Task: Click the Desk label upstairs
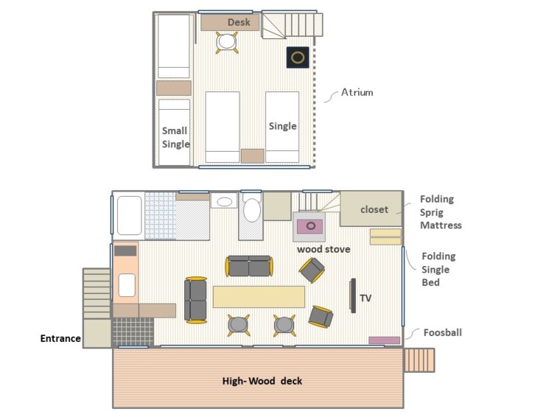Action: coord(239,22)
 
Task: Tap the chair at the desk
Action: coord(226,42)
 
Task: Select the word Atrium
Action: coord(357,92)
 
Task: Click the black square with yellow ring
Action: coord(298,57)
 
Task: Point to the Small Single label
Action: coord(175,138)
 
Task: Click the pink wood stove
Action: coord(309,226)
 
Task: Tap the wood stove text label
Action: coord(323,249)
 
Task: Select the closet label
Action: coord(374,209)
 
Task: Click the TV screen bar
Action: coord(353,295)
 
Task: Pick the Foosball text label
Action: coord(443,332)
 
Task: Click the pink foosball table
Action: coord(384,340)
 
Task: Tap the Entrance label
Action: coord(60,338)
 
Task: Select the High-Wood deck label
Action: coord(262,381)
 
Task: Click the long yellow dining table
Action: coord(259,297)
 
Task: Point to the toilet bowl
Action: coord(252,210)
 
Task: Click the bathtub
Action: coord(129,215)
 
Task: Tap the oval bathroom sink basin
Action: coord(224,202)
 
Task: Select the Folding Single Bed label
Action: coord(438,269)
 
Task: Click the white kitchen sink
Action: coord(127,285)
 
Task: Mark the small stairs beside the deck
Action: coord(419,360)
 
